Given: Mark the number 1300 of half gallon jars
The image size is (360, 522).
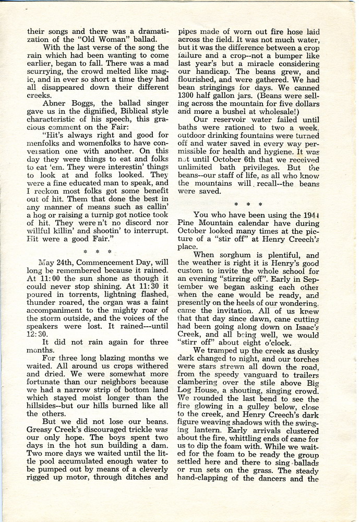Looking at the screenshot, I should (188, 98).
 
